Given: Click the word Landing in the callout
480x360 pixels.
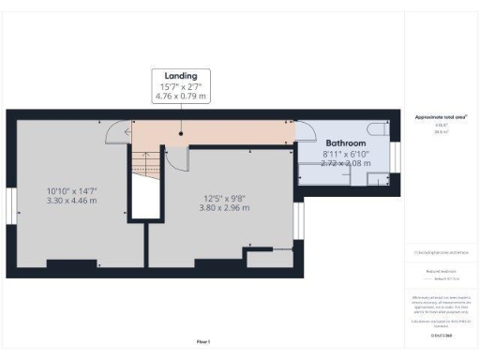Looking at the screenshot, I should coord(180,75).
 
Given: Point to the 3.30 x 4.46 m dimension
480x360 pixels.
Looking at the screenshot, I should coord(72,201).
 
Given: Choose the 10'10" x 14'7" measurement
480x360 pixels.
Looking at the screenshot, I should coord(72,191).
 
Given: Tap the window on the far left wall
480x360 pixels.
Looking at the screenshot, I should coord(9,205).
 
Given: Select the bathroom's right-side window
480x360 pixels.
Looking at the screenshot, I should coord(395,157).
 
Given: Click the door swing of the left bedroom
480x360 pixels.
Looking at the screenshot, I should coord(116,132).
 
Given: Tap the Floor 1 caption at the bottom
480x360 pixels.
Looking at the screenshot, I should coord(203,341).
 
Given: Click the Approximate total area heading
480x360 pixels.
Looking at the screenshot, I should coord(441,117).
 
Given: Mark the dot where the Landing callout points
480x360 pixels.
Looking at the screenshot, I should coord(180,132).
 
